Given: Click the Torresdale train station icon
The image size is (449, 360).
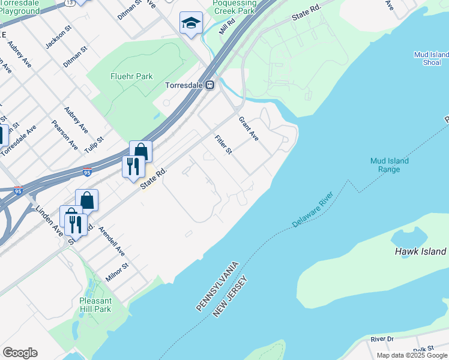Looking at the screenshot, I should tap(210, 85).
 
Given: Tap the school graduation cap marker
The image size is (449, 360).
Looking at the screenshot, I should tap(191, 23).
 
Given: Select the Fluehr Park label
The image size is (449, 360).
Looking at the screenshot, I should tap(131, 76).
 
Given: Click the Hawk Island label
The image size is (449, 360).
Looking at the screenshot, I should tap(420, 251).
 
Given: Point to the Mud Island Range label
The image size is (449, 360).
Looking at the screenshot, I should tap(389, 165).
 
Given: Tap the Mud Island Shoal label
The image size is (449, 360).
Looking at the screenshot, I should tap(431, 58).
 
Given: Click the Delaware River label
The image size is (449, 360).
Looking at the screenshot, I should tap(312, 210).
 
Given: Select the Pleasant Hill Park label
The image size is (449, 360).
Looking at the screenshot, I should tap(95, 305).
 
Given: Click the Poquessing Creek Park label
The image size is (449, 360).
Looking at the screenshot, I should tap(235, 7).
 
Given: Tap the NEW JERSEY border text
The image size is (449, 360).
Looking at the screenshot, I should tap(234, 294).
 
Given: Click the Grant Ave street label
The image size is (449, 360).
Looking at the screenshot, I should tap(249, 128).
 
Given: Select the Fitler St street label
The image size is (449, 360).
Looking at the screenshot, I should tap(223, 144).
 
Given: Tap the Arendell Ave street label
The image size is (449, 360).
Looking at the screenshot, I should tap(112, 242).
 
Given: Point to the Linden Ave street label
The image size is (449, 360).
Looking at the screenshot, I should tap(50, 220).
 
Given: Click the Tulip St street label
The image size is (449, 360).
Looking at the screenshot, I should tap(94, 145).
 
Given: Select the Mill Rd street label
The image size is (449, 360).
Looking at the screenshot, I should tap(226, 26).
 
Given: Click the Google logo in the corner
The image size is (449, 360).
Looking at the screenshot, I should tap(20, 353).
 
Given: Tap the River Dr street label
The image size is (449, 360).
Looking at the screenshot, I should tap(382, 339).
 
